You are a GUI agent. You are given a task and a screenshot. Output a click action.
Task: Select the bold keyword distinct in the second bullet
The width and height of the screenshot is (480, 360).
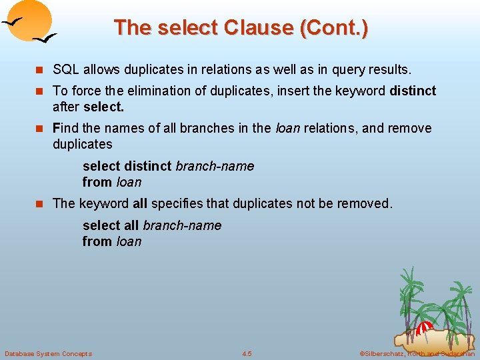click(413, 90)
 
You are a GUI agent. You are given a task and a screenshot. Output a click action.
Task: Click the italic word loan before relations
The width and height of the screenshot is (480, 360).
click(288, 128)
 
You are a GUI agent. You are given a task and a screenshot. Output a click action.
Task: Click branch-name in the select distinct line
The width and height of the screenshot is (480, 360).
click(215, 166)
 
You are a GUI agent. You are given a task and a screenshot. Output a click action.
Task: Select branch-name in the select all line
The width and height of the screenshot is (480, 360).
click(182, 225)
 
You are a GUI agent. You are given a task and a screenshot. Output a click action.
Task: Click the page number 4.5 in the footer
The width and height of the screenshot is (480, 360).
click(247, 353)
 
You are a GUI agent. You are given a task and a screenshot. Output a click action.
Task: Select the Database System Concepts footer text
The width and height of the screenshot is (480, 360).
click(48, 353)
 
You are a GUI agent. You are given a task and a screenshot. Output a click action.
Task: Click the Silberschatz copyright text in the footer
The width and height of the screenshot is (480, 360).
click(417, 353)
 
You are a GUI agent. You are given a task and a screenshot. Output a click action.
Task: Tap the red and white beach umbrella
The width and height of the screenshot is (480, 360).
click(424, 328)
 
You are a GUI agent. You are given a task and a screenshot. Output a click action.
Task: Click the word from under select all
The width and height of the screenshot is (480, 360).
click(97, 241)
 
